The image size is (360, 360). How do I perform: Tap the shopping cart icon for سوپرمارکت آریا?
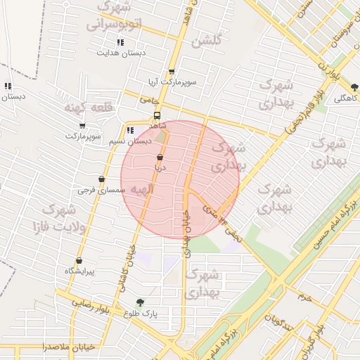172,72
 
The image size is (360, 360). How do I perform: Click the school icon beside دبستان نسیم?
130,131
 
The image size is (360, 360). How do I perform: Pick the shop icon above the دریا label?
160,157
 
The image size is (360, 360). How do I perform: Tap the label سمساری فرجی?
102,190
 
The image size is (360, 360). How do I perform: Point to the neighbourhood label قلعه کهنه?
89,108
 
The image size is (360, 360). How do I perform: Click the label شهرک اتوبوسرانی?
116,16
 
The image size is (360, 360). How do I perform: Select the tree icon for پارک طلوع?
140,302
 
